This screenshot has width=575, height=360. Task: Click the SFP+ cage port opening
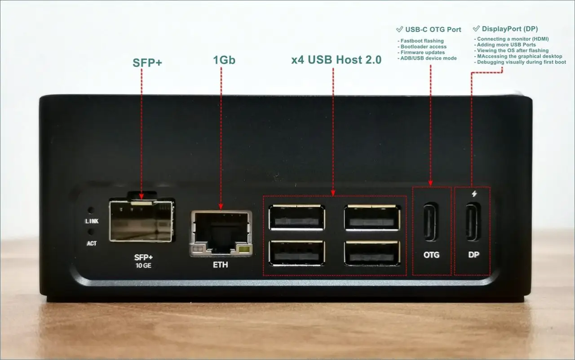[x=141, y=221]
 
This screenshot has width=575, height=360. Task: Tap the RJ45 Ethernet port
[x=221, y=233]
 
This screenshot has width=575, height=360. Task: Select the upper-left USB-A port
[x=296, y=217]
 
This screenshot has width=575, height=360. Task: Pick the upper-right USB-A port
[x=372, y=217]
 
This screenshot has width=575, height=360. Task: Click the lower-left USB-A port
[x=296, y=253]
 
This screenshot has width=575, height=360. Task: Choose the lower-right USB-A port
[x=372, y=253]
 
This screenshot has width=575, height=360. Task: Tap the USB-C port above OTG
[x=431, y=222]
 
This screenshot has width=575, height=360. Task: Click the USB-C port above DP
[x=473, y=222]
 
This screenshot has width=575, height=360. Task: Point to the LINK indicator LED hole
[x=91, y=210]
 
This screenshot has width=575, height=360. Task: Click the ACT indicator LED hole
[x=91, y=232]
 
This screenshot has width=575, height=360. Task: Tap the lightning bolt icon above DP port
[x=474, y=194]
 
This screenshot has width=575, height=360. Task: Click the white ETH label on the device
[x=220, y=265]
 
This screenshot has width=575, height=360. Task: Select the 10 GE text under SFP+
[x=143, y=266]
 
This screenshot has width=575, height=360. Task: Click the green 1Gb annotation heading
[x=224, y=60]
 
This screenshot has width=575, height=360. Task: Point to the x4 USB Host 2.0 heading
[x=336, y=60]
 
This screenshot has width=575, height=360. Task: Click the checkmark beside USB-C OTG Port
[x=399, y=29]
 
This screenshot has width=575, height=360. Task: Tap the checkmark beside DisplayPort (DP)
[x=476, y=28]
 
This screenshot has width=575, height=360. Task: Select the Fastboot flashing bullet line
[x=420, y=41]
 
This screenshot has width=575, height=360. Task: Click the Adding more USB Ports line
[x=505, y=44]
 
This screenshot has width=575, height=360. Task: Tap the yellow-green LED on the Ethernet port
[x=244, y=249]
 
